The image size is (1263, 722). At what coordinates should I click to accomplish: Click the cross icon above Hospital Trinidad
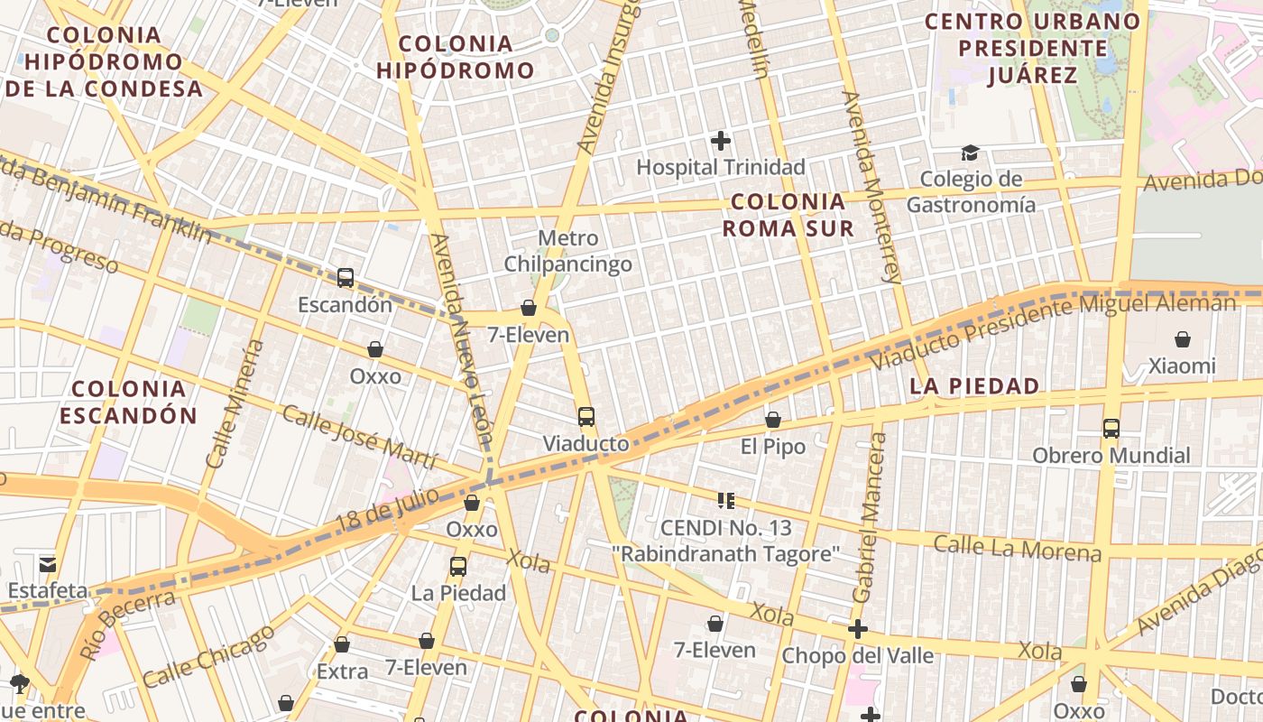coord(720,141)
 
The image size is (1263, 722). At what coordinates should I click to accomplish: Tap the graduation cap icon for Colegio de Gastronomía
coord(970,153)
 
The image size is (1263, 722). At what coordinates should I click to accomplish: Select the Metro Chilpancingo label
coord(567,252)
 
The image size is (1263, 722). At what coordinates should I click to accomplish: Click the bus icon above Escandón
coord(346,277)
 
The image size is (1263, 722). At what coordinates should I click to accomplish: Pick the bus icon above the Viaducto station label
coord(586,417)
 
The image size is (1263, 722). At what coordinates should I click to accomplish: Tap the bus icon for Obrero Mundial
coord(1111,429)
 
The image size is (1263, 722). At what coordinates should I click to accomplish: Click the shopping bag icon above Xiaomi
coord(1182,339)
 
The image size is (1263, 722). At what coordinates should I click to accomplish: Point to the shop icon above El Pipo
coord(772,420)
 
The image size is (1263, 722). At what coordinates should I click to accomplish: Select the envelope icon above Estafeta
coord(47,565)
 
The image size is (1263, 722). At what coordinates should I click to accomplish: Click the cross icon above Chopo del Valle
coord(858,629)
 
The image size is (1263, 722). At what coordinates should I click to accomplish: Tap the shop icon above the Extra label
coord(342,644)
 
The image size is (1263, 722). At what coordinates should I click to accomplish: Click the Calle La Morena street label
coord(1017,548)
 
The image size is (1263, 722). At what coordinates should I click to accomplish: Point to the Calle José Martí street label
coord(359,437)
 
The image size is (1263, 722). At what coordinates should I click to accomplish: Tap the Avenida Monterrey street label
coord(871,187)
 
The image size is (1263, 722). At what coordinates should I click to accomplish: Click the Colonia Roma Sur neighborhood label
coord(788,215)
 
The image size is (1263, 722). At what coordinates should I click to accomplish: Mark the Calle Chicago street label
coord(208,655)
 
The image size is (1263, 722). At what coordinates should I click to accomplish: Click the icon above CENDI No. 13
coord(726,500)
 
